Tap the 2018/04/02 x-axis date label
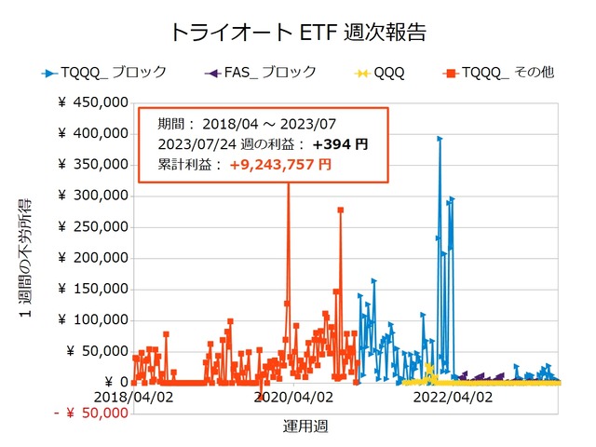(133, 396)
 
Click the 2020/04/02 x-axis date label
(292, 396)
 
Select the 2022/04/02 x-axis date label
(452, 396)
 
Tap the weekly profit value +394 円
(340, 144)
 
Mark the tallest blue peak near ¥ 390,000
(440, 139)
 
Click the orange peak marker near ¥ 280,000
(341, 210)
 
